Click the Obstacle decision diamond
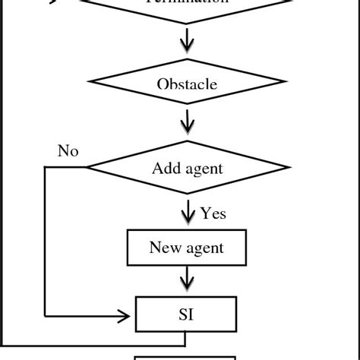tap(187, 83)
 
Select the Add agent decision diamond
tap(187, 168)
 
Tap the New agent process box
tap(187, 248)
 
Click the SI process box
tap(187, 313)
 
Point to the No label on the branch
tap(68, 150)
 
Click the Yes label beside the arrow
tap(213, 213)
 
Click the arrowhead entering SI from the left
tap(128, 314)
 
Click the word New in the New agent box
tap(165, 248)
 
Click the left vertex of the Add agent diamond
tap(85, 168)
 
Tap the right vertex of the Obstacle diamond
tap(285, 83)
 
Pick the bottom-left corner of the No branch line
tap(46, 314)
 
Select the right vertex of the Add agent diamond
tap(289, 168)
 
